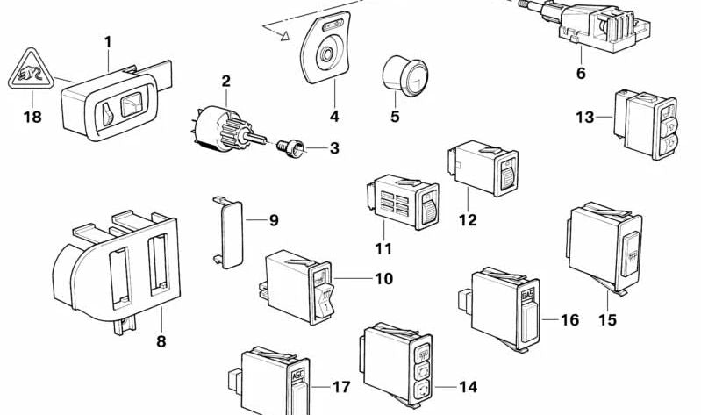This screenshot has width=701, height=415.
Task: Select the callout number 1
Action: tap(108, 41)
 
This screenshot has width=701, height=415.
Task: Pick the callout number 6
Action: tap(580, 73)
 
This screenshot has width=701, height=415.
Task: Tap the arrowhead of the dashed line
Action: tap(284, 37)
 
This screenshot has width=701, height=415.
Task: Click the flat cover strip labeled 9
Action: tap(226, 230)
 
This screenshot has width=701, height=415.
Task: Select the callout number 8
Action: tap(161, 340)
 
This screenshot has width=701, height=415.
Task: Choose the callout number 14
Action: tap(468, 386)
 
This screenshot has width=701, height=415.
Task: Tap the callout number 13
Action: tap(585, 117)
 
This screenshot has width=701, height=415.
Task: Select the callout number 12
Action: tap(468, 219)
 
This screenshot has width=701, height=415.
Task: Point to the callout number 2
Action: tap(225, 82)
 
